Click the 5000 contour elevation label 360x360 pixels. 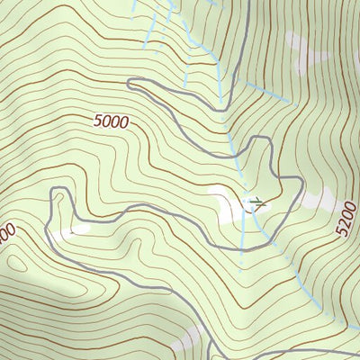[110, 121]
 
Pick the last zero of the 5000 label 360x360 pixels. [123, 123]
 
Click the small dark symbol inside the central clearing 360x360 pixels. [256, 202]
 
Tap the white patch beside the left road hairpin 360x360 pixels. [77, 228]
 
